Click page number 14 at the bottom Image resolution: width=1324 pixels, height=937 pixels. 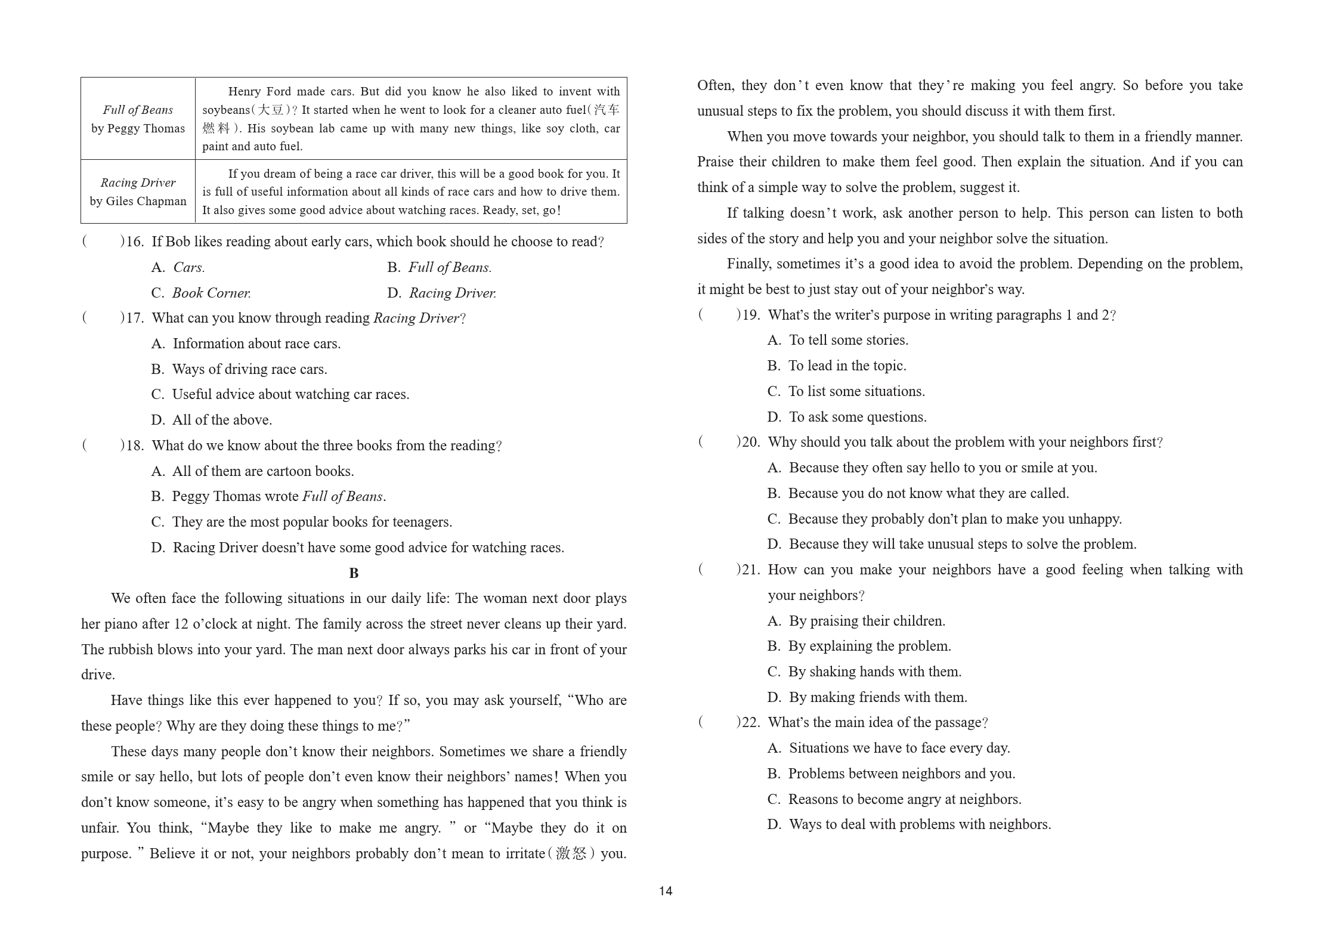[x=666, y=891]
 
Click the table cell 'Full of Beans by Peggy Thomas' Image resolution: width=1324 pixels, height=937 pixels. [x=138, y=119]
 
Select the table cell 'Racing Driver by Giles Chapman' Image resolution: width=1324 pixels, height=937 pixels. [x=138, y=191]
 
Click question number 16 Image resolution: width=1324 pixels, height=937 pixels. [x=135, y=242]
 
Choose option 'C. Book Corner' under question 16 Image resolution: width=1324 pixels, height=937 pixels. [x=201, y=293]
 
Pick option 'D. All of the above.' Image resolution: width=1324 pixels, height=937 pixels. [x=212, y=420]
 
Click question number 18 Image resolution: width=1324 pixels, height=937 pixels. [x=135, y=446]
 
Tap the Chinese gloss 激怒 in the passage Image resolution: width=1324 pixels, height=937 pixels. [x=571, y=853]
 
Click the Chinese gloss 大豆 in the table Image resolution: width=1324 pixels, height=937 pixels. [x=270, y=110]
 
